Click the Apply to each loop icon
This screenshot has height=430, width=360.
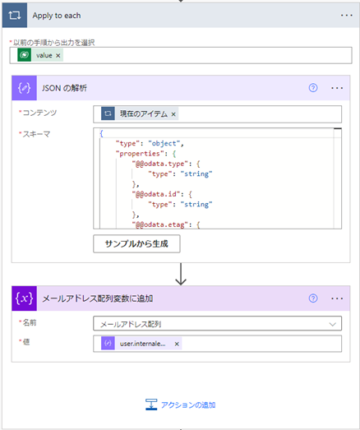pyautogui.click(x=15, y=16)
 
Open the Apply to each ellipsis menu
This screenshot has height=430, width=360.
pyautogui.click(x=347, y=16)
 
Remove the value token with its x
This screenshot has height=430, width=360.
pyautogui.click(x=58, y=55)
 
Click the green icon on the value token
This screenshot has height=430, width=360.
pyautogui.click(x=24, y=55)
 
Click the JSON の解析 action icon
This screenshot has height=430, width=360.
pyautogui.click(x=24, y=88)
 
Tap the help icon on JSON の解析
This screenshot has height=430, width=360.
pyautogui.click(x=313, y=88)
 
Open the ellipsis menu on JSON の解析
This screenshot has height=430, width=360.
pyautogui.click(x=337, y=88)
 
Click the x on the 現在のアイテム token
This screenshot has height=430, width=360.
pyautogui.click(x=173, y=114)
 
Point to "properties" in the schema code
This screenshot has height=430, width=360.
pyautogui.click(x=138, y=154)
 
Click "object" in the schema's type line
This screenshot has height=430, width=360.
pyautogui.click(x=164, y=143)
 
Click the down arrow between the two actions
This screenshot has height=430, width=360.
pyautogui.click(x=181, y=274)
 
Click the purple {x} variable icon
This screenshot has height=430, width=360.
pyautogui.click(x=24, y=298)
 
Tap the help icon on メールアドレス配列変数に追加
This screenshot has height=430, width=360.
pyautogui.click(x=313, y=298)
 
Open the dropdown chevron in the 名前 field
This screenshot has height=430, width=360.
pyautogui.click(x=333, y=325)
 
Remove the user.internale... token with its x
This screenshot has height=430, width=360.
pyautogui.click(x=177, y=344)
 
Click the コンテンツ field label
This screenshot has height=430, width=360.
pyautogui.click(x=39, y=113)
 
